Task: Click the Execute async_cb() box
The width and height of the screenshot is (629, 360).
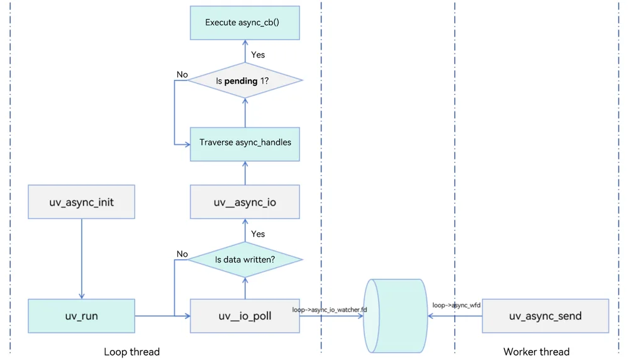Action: click(x=245, y=23)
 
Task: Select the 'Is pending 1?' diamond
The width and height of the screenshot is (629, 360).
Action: click(x=245, y=81)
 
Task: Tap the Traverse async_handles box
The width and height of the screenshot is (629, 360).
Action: click(x=245, y=144)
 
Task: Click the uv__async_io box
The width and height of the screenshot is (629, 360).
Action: click(x=245, y=202)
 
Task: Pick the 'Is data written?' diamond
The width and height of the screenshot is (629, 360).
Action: click(x=245, y=260)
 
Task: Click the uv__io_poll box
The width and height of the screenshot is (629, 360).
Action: click(x=245, y=316)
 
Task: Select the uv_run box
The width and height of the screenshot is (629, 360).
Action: click(x=81, y=316)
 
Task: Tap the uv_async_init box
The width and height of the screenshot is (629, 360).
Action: click(x=81, y=202)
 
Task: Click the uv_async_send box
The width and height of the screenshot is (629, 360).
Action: click(x=545, y=316)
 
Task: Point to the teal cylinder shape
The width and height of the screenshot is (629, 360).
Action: click(x=396, y=316)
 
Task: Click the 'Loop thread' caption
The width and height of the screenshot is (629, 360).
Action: click(x=131, y=352)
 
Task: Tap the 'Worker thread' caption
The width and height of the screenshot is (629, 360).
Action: click(x=537, y=352)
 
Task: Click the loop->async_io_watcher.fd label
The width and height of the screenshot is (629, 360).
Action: click(x=330, y=310)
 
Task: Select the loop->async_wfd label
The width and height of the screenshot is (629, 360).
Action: click(x=456, y=305)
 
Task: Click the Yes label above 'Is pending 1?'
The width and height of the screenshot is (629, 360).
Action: click(x=258, y=55)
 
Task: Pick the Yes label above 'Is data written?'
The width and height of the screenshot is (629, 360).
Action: click(x=258, y=234)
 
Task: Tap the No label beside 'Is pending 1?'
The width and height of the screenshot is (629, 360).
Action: click(x=182, y=75)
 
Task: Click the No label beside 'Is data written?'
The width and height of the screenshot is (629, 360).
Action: click(x=182, y=254)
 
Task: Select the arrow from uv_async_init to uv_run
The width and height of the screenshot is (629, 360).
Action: click(x=82, y=259)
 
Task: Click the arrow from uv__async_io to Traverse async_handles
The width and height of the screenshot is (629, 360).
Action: click(x=245, y=173)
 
